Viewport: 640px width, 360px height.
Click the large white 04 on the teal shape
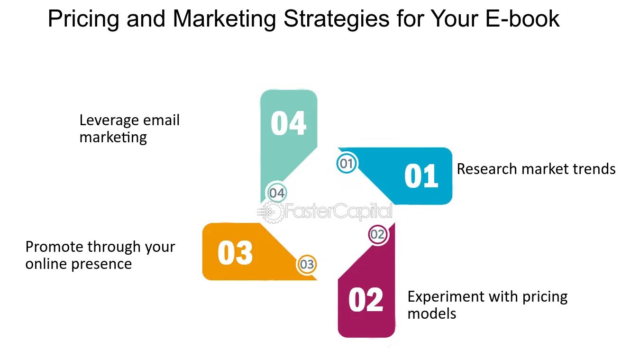pos(289,123)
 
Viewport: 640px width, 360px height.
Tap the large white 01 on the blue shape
pos(421,175)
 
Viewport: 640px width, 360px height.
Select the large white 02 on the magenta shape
pos(366,299)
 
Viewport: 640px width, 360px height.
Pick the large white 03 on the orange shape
pos(235,253)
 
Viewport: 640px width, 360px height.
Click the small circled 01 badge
pos(347,164)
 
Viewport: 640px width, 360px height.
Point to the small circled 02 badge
pos(378,234)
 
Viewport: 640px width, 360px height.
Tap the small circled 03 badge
pos(307,264)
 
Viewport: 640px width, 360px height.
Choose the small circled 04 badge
pos(276,193)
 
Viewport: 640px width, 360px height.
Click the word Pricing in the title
pos(83,19)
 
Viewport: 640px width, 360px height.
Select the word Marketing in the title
pos(224,19)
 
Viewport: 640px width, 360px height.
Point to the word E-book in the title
pos(522,19)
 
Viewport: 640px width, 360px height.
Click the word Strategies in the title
pos(336,19)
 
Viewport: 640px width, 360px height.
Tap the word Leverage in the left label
pos(110,120)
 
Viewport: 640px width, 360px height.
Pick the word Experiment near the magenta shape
pos(447,297)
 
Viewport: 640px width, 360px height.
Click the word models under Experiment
pos(432,314)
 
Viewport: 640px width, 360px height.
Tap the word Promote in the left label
pos(55,247)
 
